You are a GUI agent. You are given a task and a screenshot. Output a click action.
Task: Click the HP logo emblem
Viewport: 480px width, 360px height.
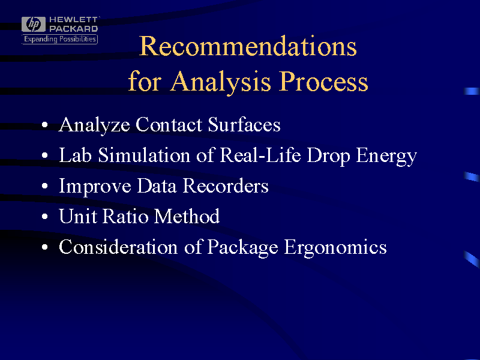(x=34, y=24)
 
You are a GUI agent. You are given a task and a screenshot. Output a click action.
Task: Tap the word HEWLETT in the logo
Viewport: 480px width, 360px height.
(x=73, y=20)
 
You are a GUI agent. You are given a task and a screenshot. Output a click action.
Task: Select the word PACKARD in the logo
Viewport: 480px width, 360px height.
(x=73, y=28)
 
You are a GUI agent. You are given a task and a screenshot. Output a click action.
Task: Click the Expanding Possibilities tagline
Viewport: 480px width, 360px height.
(x=59, y=39)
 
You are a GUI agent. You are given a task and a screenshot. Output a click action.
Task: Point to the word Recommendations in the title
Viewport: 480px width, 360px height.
(x=248, y=46)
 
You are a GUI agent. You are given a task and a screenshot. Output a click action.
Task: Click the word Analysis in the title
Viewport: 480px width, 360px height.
(x=221, y=82)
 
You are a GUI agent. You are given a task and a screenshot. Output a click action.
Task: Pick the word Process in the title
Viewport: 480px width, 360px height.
(x=323, y=82)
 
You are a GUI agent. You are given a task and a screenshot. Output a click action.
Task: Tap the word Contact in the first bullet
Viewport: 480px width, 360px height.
(x=169, y=125)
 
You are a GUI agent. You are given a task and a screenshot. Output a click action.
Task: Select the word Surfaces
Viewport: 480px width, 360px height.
(x=244, y=125)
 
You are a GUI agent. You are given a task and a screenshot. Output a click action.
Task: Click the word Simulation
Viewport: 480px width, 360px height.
(x=144, y=155)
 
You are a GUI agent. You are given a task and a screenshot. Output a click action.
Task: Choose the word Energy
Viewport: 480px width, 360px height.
(x=386, y=156)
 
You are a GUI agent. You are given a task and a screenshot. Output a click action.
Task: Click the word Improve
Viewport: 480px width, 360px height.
(x=95, y=187)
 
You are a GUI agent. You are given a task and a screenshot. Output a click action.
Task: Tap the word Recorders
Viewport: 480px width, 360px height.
(x=226, y=186)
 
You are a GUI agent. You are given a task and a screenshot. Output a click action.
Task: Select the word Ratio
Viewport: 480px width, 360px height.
(x=125, y=217)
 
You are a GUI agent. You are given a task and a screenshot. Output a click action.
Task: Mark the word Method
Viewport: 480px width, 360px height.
(x=187, y=216)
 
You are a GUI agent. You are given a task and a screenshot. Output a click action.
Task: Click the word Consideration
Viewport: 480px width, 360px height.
(x=118, y=247)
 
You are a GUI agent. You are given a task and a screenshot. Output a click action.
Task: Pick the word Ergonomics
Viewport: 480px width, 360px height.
(x=335, y=248)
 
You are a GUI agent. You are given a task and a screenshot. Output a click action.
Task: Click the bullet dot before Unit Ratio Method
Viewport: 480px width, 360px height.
(x=45, y=217)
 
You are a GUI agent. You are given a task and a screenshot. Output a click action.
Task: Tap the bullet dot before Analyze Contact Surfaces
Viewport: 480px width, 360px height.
(x=45, y=125)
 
